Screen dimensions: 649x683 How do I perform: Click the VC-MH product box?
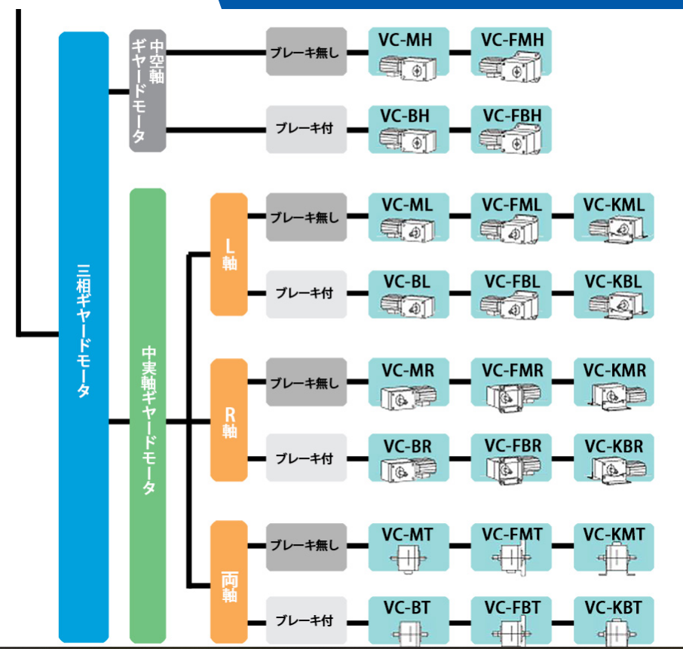click(x=408, y=52)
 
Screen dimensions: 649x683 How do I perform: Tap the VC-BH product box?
click(x=408, y=129)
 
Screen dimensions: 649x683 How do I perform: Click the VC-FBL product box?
click(x=512, y=294)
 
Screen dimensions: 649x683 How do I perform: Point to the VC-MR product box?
click(x=408, y=383)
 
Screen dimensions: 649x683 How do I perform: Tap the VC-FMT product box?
click(x=512, y=547)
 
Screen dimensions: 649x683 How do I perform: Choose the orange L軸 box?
click(x=228, y=254)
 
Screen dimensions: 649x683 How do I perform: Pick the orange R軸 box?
click(x=228, y=420)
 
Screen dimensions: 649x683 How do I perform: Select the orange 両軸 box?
click(x=228, y=586)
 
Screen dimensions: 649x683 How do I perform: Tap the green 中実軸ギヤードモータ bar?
click(x=148, y=415)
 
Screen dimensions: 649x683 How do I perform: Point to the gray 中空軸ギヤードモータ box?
click(x=147, y=90)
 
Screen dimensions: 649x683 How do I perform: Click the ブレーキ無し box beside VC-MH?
click(x=305, y=52)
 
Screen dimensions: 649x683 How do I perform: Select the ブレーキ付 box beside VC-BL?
click(x=305, y=293)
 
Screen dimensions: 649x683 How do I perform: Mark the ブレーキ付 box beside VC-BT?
click(x=305, y=621)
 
